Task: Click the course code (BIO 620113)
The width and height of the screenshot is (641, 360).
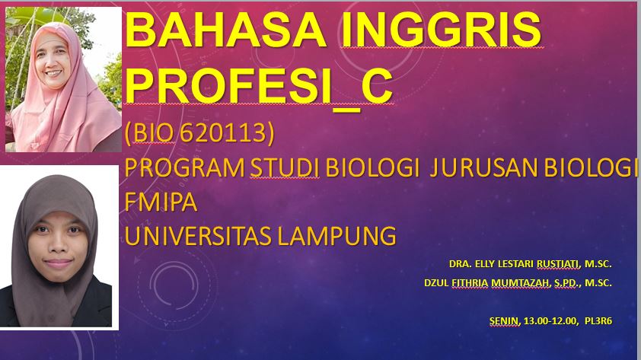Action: pyautogui.click(x=199, y=133)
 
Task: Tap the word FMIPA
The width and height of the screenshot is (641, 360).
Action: pyautogui.click(x=161, y=202)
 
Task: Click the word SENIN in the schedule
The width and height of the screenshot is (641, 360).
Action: pyautogui.click(x=505, y=321)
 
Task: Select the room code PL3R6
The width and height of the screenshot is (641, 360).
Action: pyautogui.click(x=598, y=321)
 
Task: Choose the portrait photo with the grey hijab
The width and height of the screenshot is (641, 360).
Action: pyautogui.click(x=60, y=247)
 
